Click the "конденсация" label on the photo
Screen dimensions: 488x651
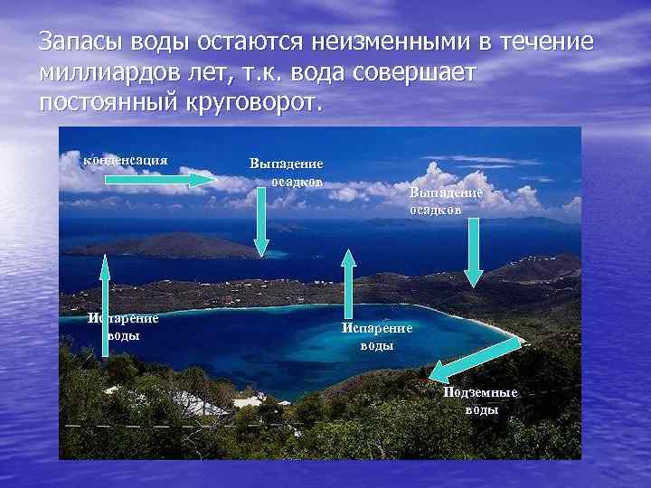(126, 160)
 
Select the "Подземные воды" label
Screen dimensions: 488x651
(480, 400)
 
